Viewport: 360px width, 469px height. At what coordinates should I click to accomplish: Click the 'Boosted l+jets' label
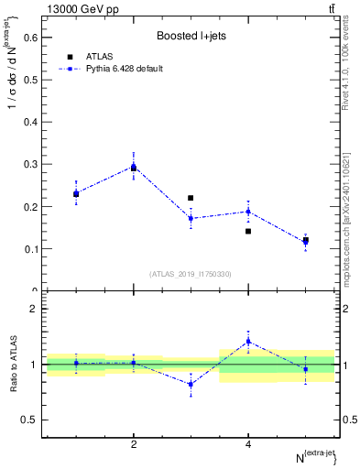click(191, 36)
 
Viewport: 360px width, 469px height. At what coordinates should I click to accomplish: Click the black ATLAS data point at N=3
click(191, 198)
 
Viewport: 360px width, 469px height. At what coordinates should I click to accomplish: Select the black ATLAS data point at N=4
click(248, 231)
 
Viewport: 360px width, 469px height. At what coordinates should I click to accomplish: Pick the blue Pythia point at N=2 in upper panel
click(134, 166)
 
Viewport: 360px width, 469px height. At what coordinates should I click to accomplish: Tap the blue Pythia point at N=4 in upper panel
click(248, 212)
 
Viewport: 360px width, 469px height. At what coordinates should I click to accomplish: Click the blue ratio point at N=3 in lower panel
click(191, 384)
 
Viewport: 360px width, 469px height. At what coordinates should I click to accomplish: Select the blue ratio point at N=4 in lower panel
click(248, 341)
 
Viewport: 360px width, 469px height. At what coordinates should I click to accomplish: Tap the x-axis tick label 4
click(248, 444)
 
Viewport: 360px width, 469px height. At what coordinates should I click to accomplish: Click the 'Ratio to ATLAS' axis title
click(12, 364)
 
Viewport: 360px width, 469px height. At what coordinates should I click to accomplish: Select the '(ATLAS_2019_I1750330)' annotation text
click(191, 273)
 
